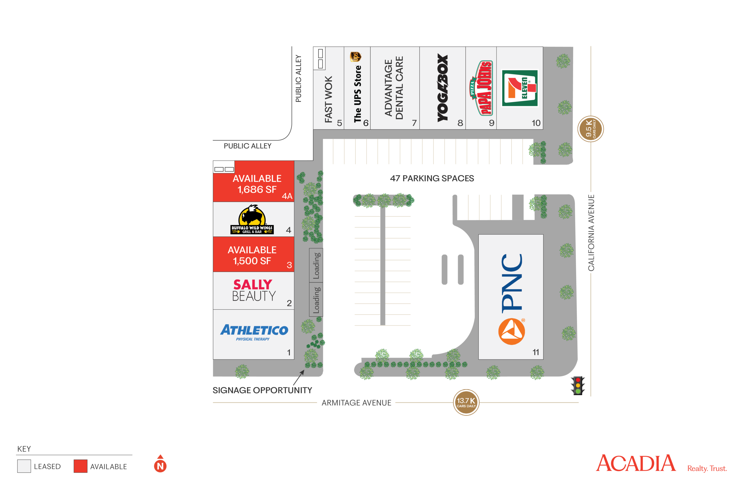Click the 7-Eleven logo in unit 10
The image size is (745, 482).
coord(520,88)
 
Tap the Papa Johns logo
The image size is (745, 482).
coord(482,88)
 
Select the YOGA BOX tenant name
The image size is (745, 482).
coord(443,88)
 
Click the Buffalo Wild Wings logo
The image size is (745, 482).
coord(252,219)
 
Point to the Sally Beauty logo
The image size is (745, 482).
coord(253,290)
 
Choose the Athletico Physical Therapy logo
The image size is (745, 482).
coord(254,332)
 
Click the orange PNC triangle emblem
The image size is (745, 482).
coord(512,332)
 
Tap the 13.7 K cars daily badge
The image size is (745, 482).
coord(466,402)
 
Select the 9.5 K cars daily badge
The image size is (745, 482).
coord(590,129)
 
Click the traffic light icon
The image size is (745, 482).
coord(578,385)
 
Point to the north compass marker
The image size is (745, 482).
coord(160,464)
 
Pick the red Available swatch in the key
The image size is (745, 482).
coord(80,466)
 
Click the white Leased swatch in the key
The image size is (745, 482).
coord(24,466)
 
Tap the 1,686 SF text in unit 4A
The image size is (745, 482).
coord(257,190)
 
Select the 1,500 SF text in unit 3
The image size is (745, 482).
coord(252,261)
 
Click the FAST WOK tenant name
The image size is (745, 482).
coord(328,99)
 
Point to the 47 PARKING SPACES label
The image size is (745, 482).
coord(432,178)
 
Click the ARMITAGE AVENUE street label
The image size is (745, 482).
coord(356,403)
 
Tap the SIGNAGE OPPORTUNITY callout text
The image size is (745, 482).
coord(262,390)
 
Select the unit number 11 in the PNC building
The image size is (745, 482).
coord(536,352)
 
